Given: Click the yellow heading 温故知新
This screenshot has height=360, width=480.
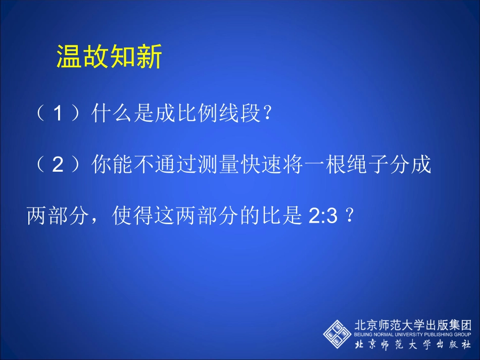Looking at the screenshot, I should coord(109,57).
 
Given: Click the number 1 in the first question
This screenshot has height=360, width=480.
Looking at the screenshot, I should coord(59,114).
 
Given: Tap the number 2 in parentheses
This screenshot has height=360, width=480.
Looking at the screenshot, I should coord(59,166).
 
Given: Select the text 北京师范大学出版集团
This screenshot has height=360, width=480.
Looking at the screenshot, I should coord(413,325).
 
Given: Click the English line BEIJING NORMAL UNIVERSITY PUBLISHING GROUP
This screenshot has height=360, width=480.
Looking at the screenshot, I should coord(413,334).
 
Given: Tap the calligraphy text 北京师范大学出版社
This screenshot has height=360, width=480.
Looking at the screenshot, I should coord(413,345).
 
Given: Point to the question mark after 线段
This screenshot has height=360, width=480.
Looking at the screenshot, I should coord(268,114).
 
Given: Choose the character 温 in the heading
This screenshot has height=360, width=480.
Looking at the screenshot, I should coord(69,57).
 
